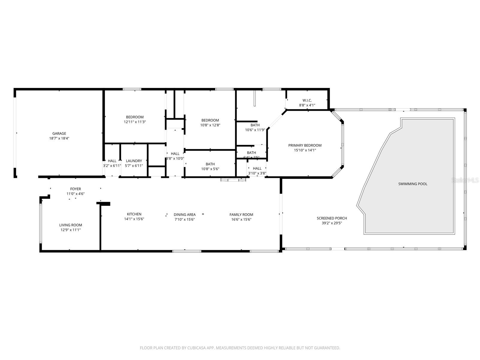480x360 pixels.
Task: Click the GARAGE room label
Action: [x=59, y=133]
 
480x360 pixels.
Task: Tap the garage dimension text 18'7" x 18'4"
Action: [x=59, y=138]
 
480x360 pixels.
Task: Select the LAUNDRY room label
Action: [x=134, y=161]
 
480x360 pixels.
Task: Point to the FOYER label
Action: [x=76, y=189]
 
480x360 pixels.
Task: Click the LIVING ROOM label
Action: [x=70, y=225]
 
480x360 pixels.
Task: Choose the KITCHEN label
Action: [x=134, y=214]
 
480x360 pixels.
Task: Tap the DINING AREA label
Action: [x=184, y=214]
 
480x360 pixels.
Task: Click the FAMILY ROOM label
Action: [x=241, y=214]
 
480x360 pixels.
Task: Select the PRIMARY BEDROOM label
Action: [x=305, y=145]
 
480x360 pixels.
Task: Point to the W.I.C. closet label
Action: [x=307, y=100]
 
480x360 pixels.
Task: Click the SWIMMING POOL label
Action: [x=412, y=184]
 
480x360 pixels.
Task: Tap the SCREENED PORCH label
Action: [x=332, y=218]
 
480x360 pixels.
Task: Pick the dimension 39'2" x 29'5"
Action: [x=332, y=223]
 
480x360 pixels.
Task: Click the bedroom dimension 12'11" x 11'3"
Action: [x=135, y=122]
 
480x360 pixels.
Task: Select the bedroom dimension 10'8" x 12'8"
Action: [x=210, y=125]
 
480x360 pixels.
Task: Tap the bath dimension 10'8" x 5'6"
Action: [x=210, y=169]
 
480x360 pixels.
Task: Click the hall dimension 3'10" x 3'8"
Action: [x=257, y=173]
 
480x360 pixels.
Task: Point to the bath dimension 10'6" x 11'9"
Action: [x=255, y=130]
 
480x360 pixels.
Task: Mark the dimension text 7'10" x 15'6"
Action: [x=184, y=219]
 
